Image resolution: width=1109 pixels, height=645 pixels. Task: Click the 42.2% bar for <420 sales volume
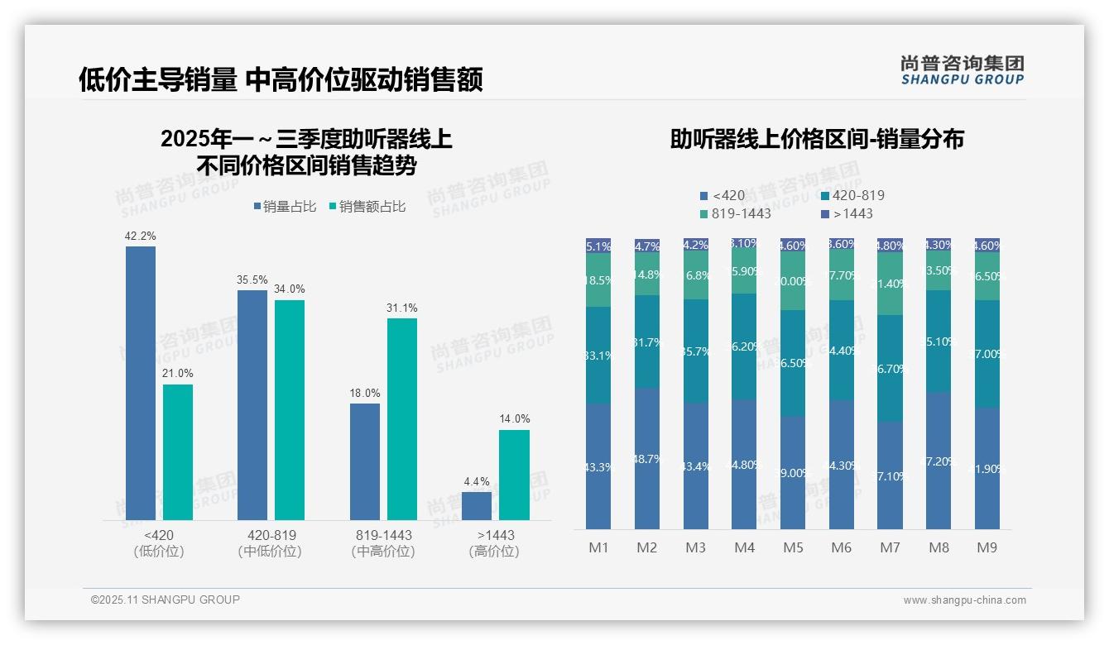click(x=141, y=382)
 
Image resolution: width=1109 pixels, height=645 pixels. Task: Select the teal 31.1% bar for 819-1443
click(x=402, y=418)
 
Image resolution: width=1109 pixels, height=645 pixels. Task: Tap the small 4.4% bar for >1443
click(x=477, y=506)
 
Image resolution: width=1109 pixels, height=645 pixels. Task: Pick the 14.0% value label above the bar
click(x=514, y=418)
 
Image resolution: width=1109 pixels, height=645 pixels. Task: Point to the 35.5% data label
click(x=252, y=280)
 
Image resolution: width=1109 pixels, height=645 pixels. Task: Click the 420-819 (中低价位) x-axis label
click(x=271, y=543)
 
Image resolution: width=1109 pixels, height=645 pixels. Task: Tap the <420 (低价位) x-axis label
click(x=158, y=543)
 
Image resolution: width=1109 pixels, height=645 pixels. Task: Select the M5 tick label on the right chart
click(x=793, y=547)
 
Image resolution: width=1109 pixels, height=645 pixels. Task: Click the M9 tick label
click(x=987, y=547)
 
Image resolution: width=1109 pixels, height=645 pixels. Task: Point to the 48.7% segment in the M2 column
click(x=647, y=458)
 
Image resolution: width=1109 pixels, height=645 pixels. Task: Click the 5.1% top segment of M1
click(x=598, y=246)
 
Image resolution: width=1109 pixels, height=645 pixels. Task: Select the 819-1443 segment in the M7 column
click(x=890, y=284)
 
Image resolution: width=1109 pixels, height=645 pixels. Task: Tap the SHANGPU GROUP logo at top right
click(x=962, y=69)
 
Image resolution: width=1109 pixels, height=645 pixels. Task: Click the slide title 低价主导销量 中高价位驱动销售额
click(x=281, y=79)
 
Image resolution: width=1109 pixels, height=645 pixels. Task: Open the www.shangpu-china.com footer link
click(x=964, y=600)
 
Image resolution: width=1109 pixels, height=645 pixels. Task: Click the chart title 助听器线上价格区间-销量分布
click(x=816, y=139)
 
